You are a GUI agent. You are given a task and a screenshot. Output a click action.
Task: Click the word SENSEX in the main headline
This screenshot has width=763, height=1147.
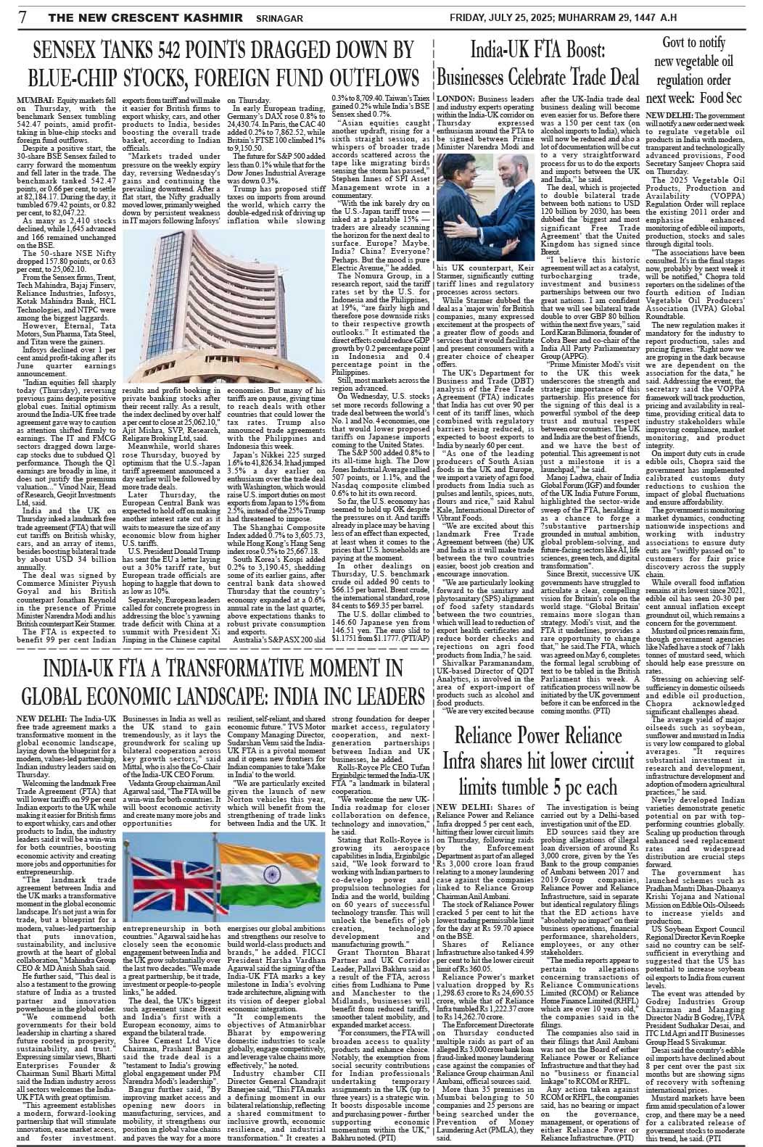click(73, 51)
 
